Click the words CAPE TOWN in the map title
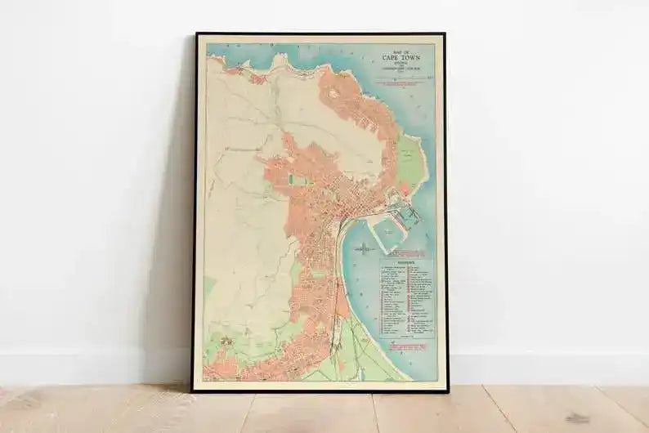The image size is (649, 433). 398,59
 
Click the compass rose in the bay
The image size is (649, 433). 363,248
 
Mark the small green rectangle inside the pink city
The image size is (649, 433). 292,178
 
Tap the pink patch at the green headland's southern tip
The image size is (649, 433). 403,189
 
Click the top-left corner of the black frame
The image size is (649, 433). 196,34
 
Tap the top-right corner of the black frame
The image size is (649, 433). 445,34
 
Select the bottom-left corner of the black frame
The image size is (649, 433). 194,390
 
